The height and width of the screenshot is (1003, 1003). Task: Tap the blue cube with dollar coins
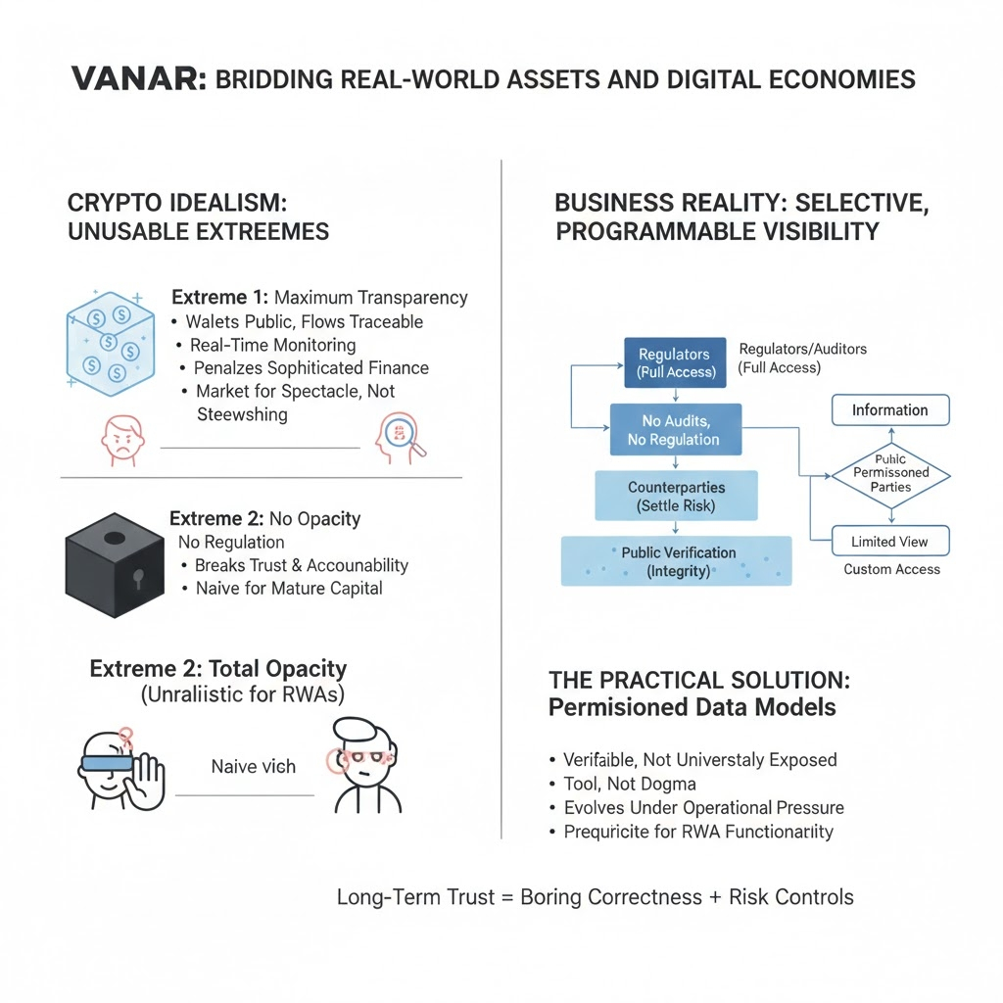pyautogui.click(x=107, y=344)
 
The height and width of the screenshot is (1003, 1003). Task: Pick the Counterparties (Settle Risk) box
pyautogui.click(x=676, y=496)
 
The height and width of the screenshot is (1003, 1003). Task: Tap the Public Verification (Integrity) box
pyautogui.click(x=677, y=560)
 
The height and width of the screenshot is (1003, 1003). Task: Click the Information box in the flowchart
pyautogui.click(x=889, y=409)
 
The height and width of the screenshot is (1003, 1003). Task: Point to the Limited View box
pyautogui.click(x=889, y=542)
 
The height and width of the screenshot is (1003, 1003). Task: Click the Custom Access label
pyautogui.click(x=891, y=569)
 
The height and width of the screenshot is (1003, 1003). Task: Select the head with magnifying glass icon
pyautogui.click(x=400, y=439)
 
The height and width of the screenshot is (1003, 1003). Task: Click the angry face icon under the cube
pyautogui.click(x=121, y=441)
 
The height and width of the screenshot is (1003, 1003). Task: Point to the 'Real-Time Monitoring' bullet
pyautogui.click(x=272, y=345)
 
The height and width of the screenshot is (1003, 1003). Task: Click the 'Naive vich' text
pyautogui.click(x=253, y=766)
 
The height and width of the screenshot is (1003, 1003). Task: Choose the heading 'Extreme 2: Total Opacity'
pyautogui.click(x=217, y=670)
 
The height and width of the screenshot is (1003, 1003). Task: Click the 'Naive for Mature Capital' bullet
pyautogui.click(x=288, y=589)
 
